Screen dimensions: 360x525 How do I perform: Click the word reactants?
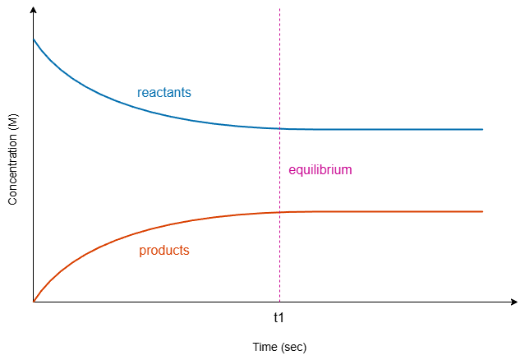pos(163,93)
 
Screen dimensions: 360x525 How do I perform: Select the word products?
pos(164,251)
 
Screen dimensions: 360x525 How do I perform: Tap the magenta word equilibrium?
pos(320,170)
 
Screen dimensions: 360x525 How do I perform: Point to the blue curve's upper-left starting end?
pos(34,39)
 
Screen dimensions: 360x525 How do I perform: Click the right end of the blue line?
pos(482,129)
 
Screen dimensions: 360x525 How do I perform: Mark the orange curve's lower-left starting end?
pos(34,301)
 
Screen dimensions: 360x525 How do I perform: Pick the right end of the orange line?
pos(482,212)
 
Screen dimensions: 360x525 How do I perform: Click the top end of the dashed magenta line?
pos(279,9)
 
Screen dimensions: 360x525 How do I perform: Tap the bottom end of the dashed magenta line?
pos(279,301)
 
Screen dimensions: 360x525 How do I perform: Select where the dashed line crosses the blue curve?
pos(279,128)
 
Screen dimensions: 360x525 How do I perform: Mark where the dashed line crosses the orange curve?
pos(279,212)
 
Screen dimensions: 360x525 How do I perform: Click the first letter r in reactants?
pos(139,93)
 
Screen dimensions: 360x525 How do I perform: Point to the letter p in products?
pos(142,252)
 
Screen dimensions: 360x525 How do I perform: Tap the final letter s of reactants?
pos(188,93)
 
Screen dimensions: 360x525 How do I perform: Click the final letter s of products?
pos(187,251)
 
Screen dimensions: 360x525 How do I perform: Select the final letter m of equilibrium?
pos(347,170)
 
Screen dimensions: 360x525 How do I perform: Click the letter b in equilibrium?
pos(322,170)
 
